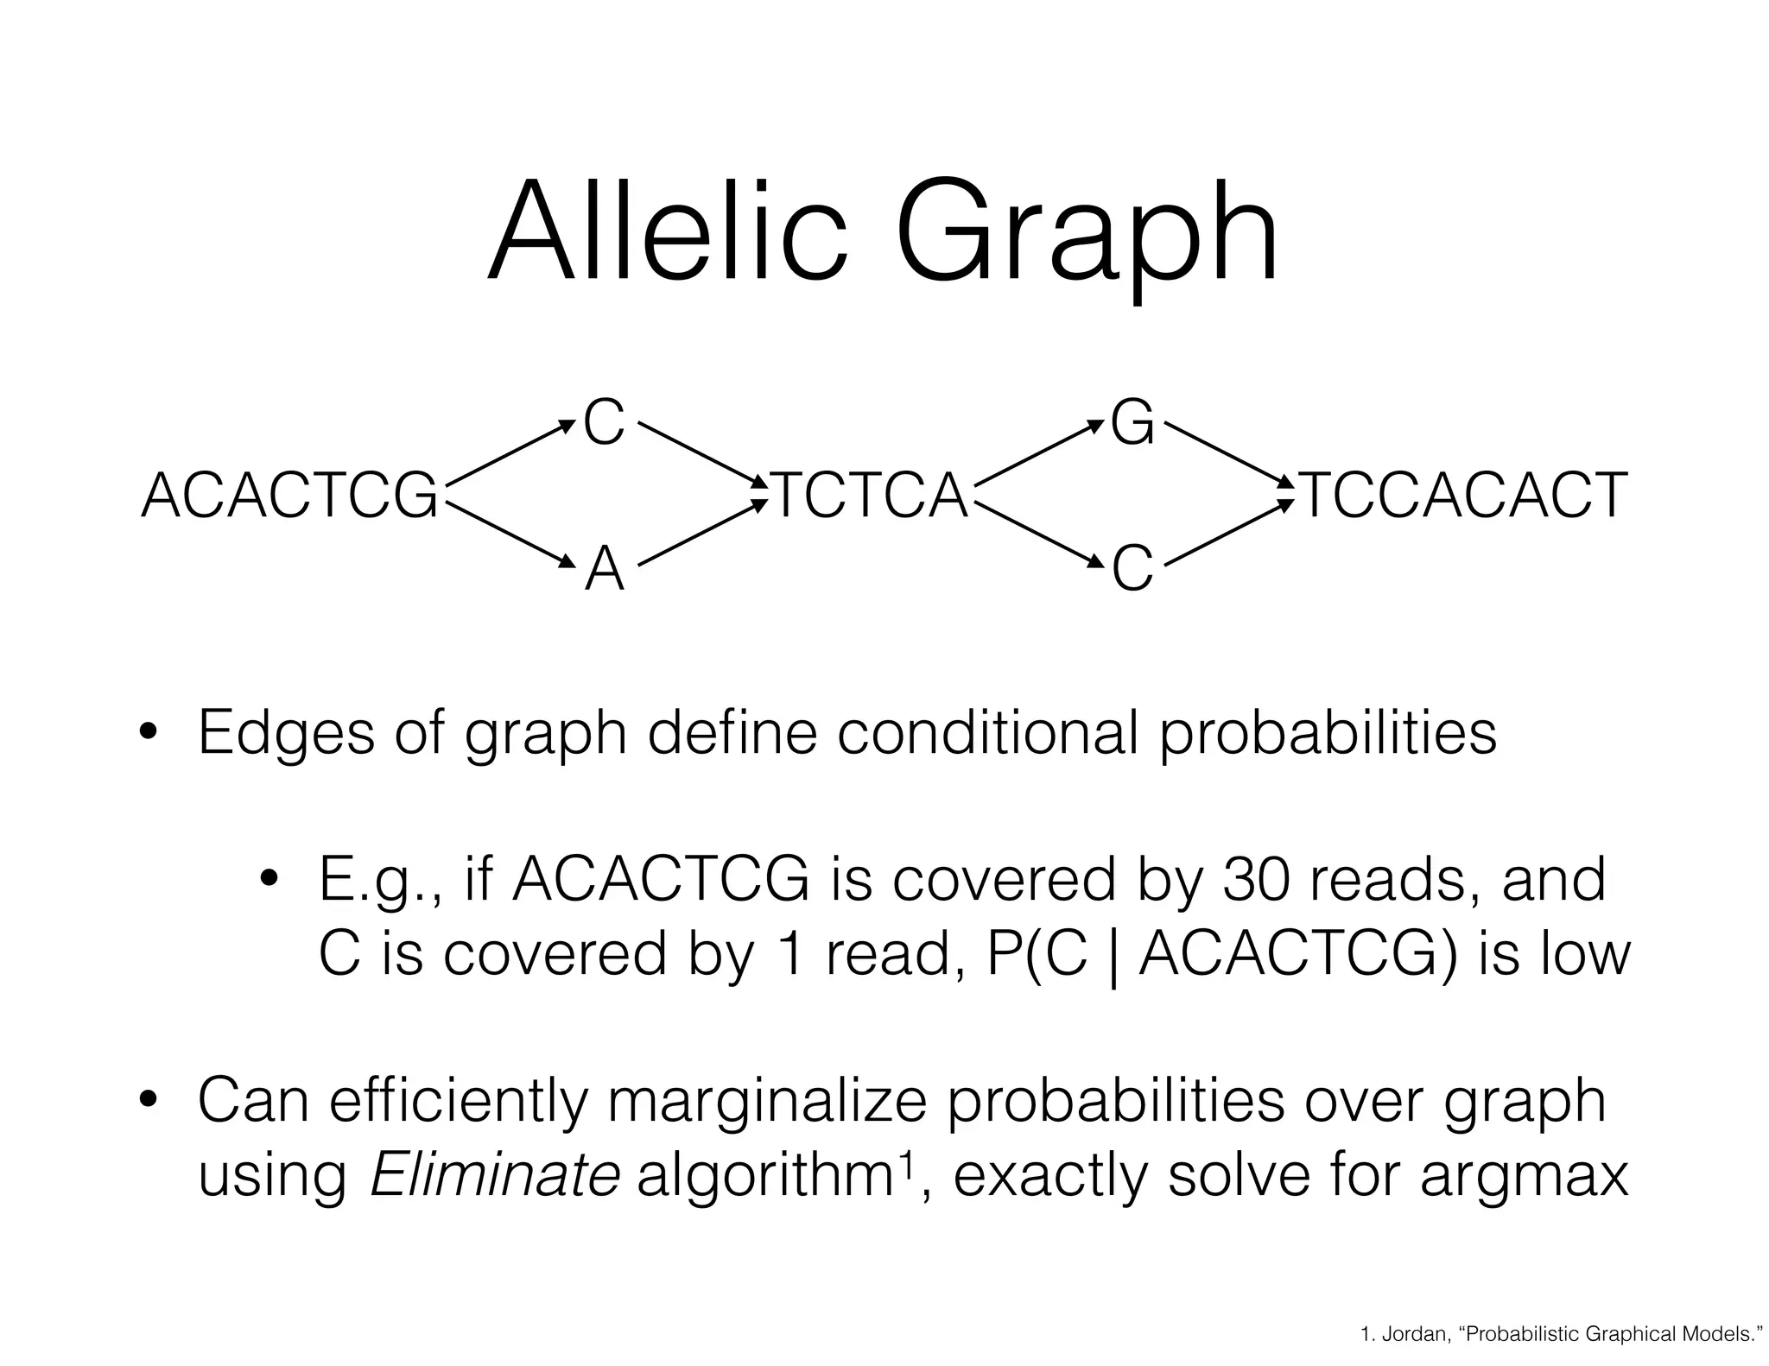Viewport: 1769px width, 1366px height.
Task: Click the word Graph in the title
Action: click(1086, 237)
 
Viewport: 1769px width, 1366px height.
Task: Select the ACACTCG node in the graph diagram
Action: click(289, 496)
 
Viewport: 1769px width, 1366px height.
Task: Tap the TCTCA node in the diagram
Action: click(870, 496)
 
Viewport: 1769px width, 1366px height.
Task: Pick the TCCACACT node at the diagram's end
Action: click(1463, 496)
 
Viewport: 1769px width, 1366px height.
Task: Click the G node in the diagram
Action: click(1132, 425)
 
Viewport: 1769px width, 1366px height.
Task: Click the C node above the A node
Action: click(604, 424)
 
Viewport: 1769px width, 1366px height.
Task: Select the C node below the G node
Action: click(1132, 570)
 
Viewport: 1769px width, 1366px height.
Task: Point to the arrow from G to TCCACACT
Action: click(1227, 453)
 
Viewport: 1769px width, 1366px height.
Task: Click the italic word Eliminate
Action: click(494, 1175)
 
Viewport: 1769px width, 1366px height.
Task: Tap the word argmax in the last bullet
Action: click(1524, 1175)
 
